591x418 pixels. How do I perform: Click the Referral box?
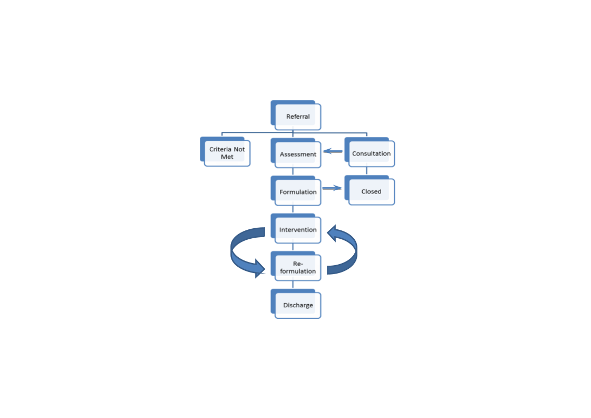tap(298, 116)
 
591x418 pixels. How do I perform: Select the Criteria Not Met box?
tap(227, 153)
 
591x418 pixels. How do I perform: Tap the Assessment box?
tap(298, 154)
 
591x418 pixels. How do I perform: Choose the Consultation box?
tap(371, 154)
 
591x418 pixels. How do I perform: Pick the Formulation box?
tap(298, 192)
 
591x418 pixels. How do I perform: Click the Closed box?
tap(371, 191)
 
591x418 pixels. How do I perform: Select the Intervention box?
tap(298, 230)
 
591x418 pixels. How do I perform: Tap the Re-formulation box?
tap(298, 267)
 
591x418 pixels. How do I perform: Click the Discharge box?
tap(298, 305)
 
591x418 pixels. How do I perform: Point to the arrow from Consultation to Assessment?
tap(333, 151)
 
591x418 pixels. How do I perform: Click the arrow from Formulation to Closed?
tap(332, 188)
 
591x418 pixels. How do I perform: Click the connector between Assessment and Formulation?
tap(293, 171)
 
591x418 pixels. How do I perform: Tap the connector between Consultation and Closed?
tap(366, 171)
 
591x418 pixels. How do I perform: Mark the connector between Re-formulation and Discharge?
tap(293, 285)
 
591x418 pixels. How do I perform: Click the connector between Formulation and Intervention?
tap(293, 209)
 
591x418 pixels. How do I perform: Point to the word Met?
tap(227, 157)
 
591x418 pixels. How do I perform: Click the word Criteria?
tap(220, 149)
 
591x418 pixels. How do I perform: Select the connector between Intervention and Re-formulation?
tap(293, 247)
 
